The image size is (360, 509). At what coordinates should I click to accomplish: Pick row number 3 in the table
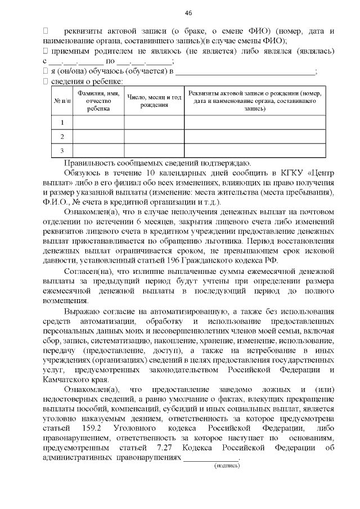coord(62,150)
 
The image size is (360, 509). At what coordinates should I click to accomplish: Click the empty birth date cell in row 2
coord(154,137)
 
